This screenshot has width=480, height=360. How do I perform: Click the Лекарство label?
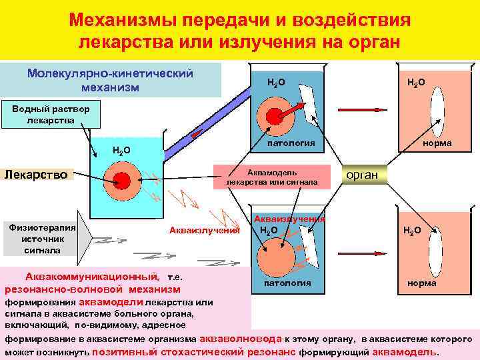[37, 175]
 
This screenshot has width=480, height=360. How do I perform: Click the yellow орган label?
[363, 175]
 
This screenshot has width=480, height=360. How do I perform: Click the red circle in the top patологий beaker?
[274, 115]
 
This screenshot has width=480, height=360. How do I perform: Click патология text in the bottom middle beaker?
[287, 283]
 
